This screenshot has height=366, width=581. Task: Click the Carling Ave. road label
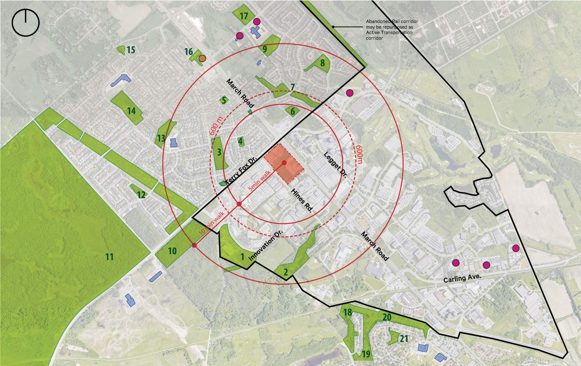coord(461,277)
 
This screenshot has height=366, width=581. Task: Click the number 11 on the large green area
coord(109,257)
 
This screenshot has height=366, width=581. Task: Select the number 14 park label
coord(132,110)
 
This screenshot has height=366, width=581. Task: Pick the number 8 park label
coord(322,63)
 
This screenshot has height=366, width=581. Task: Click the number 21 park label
coord(404,338)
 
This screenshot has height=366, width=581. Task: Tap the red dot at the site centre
coord(284,163)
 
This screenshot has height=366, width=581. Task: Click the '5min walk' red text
coord(260,180)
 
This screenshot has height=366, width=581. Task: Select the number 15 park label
coord(131,49)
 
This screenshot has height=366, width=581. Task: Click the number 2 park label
coord(286,272)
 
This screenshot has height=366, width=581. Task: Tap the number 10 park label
coord(172,251)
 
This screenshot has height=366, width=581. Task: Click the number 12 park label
coord(141,195)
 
